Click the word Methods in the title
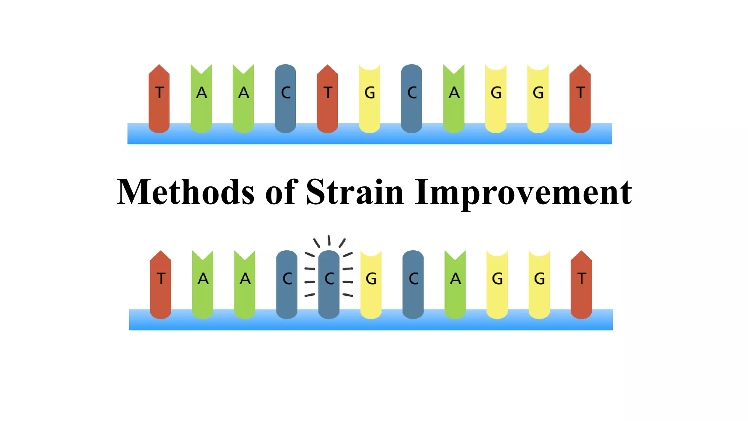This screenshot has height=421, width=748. pos(185,192)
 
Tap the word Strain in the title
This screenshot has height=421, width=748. pos(355,192)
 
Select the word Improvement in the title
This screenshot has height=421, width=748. pos(523,193)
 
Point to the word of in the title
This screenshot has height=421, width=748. pos(281,192)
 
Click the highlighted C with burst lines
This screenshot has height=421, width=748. pos(329,283)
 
